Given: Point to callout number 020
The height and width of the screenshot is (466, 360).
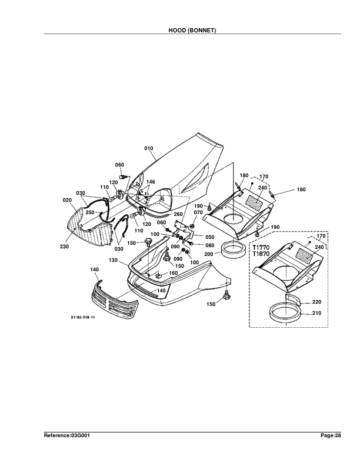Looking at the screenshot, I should coord(67,199).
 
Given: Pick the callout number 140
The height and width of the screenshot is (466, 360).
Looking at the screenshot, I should coord(94,269).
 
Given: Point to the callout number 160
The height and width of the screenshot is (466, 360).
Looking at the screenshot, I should coord(173,273).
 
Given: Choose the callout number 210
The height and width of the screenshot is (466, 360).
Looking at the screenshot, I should coord(316,313).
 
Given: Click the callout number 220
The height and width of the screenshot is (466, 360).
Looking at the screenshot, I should coord(316,301).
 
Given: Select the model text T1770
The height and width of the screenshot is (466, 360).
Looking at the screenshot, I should coord(261,248).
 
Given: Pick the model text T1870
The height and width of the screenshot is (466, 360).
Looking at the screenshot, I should coord(261,255).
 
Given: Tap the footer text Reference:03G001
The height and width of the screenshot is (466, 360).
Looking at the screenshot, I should coord(67,435).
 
